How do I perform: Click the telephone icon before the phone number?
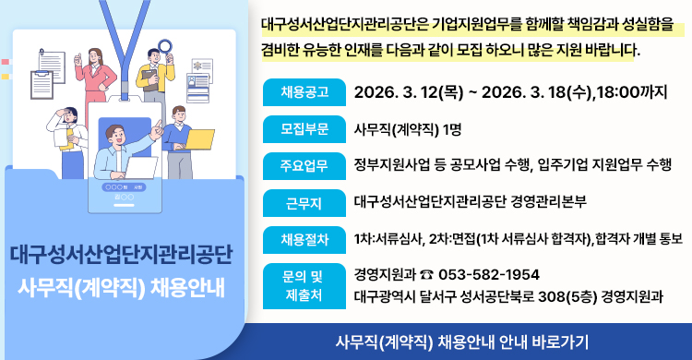click(424, 275)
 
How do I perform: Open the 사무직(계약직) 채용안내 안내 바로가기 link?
click(463, 340)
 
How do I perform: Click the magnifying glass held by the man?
click(167, 46)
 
